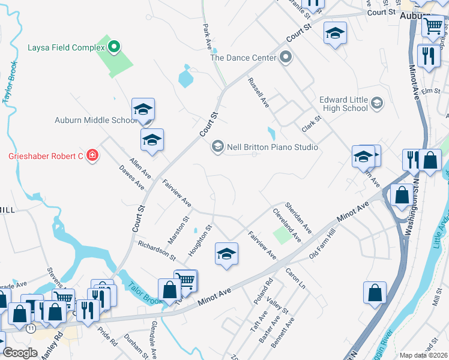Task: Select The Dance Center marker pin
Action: click(x=286, y=58)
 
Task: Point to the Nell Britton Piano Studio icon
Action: click(x=217, y=147)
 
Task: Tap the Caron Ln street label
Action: click(x=296, y=278)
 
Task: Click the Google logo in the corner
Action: click(x=20, y=353)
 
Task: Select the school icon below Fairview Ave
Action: click(x=226, y=254)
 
